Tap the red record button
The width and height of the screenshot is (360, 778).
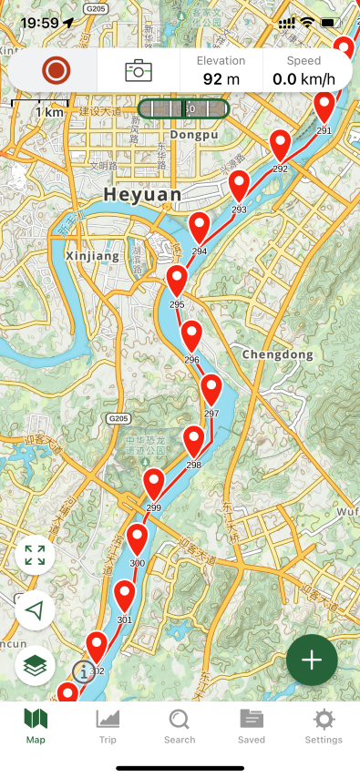[57, 70]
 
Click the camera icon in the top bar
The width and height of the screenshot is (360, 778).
[139, 70]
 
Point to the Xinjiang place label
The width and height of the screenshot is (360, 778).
[93, 257]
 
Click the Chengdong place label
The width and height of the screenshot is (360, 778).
[278, 353]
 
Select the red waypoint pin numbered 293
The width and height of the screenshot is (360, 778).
[239, 187]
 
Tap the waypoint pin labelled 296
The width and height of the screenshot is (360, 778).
[191, 336]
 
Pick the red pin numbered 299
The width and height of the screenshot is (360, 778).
[154, 483]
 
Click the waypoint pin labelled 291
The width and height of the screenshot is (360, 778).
[324, 107]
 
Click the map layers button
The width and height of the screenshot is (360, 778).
[36, 666]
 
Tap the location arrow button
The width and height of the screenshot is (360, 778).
[36, 610]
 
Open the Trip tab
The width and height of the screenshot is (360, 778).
[108, 726]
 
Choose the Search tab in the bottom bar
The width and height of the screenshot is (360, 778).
[180, 726]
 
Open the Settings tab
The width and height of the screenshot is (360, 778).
[324, 726]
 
